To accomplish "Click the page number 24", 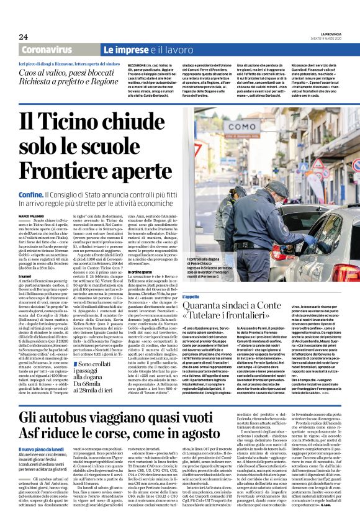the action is coord(23,37).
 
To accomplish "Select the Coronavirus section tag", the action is coord(55,49).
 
